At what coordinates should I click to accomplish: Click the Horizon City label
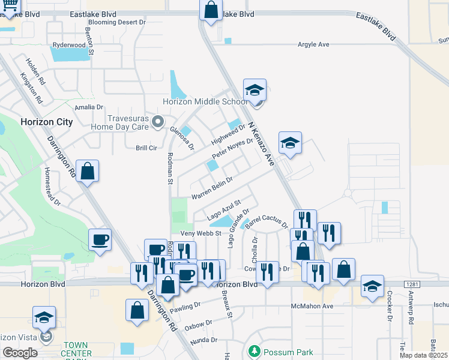[x=46, y=122]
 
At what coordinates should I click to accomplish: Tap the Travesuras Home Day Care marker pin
[x=158, y=122]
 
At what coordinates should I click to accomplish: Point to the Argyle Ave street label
[x=314, y=44]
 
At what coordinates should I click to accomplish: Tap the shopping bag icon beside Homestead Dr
[x=88, y=170]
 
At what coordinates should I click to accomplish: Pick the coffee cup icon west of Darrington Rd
[x=100, y=239]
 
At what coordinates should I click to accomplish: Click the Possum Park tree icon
[x=254, y=350]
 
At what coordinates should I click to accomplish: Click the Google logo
[x=20, y=353]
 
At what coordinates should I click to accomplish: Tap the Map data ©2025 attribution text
[x=424, y=355]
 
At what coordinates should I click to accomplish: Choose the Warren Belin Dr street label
[x=211, y=188]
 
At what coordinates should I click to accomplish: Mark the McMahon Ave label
[x=312, y=306]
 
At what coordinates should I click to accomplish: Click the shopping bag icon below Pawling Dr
[x=137, y=310]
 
